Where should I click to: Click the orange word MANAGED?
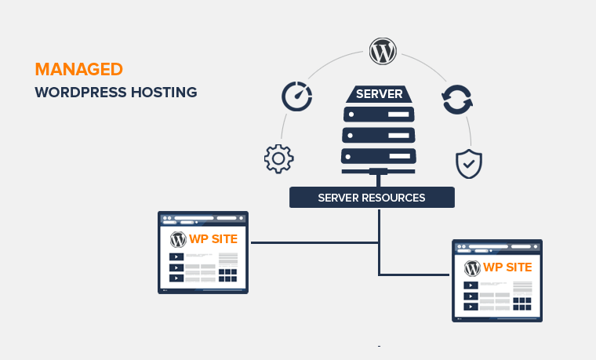[79, 68]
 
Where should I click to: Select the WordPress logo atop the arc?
[382, 53]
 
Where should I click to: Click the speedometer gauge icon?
[296, 97]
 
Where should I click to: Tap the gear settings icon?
[278, 158]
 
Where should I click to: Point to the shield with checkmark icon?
[469, 163]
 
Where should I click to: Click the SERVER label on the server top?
[380, 95]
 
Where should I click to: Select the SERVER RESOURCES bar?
[372, 198]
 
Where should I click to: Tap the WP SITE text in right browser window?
[507, 267]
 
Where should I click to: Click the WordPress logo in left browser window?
[178, 238]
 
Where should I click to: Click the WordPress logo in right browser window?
[472, 267]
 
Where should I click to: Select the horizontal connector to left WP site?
[314, 242]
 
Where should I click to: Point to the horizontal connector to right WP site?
[416, 275]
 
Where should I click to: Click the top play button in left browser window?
[177, 256]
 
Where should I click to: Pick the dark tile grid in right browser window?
[521, 303]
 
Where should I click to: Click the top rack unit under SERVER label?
[380, 115]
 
